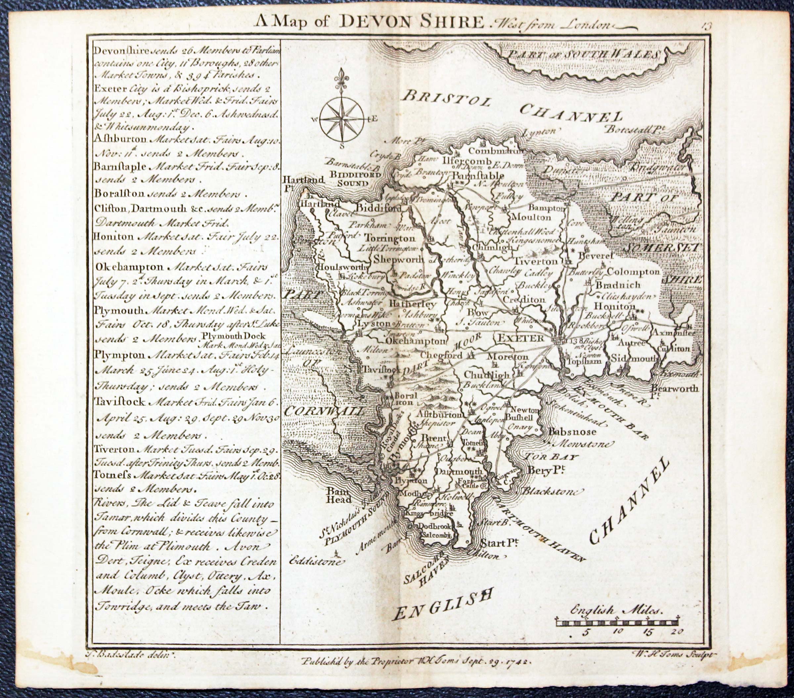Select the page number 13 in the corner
click(705, 27)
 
